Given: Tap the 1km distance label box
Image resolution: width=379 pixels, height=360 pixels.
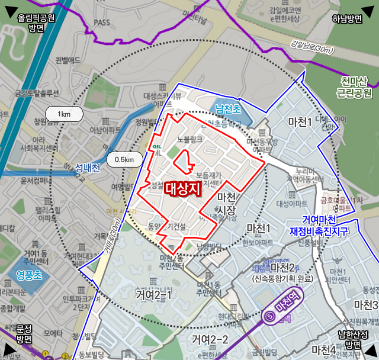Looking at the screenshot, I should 63,114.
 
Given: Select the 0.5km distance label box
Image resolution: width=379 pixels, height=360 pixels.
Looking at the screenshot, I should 124,159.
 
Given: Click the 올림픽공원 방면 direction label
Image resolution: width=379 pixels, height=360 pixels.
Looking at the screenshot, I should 36,22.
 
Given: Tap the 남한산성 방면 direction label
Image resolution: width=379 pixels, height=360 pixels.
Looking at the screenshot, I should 354,339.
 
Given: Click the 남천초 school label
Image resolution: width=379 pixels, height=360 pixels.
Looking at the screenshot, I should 228,109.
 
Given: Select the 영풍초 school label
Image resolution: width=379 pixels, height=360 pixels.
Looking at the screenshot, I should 25,275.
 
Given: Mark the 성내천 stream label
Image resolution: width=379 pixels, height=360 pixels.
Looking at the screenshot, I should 88,168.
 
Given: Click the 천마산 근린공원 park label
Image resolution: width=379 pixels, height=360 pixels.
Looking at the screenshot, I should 354,86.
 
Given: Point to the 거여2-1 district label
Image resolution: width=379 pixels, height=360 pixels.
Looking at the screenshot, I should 153,294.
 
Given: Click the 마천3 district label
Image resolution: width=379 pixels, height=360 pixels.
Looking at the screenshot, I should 366,304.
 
